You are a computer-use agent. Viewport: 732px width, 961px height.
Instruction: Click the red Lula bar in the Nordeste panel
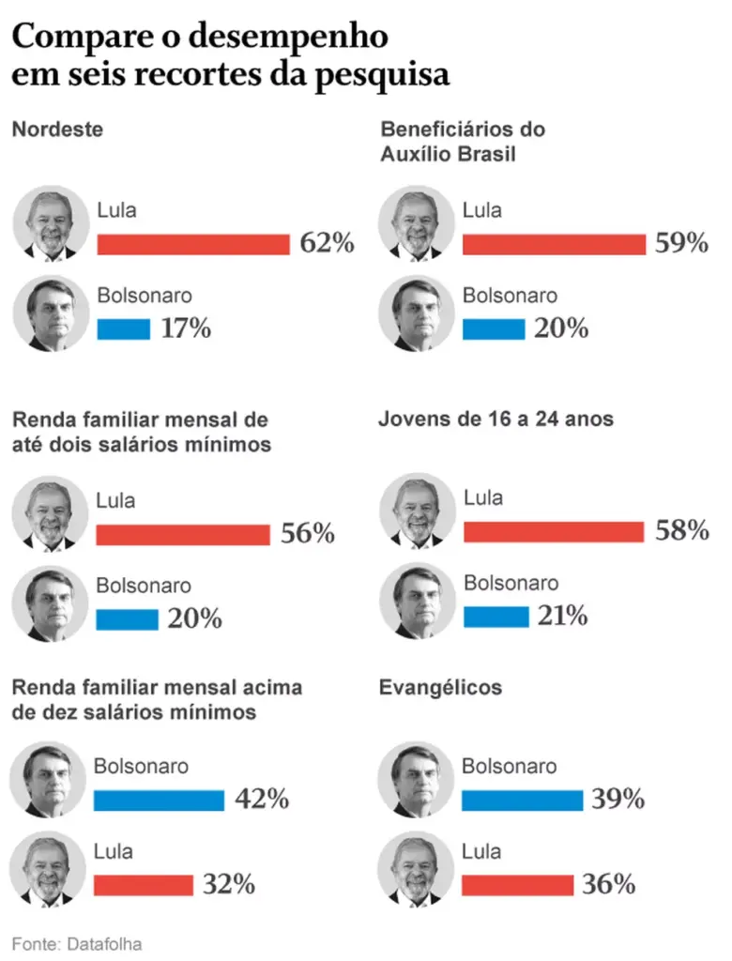click(x=193, y=244)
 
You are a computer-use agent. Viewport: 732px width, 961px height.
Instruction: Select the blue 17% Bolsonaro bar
click(x=123, y=329)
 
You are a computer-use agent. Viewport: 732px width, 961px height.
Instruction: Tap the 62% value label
click(x=327, y=244)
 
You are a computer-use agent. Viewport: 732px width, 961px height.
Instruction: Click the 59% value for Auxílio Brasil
click(x=680, y=244)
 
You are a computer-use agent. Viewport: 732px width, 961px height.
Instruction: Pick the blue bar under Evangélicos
click(x=522, y=800)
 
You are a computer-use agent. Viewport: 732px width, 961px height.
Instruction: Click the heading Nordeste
click(x=57, y=130)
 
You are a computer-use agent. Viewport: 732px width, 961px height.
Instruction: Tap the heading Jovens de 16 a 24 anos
click(x=496, y=418)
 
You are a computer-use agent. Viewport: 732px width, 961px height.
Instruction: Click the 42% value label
click(x=261, y=800)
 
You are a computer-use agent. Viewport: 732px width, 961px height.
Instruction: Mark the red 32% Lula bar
click(x=143, y=884)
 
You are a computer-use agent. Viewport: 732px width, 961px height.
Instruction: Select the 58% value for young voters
click(x=681, y=531)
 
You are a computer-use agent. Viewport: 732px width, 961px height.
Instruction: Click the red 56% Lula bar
click(x=182, y=535)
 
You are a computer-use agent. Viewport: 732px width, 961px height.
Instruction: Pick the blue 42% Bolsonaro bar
click(x=159, y=800)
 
